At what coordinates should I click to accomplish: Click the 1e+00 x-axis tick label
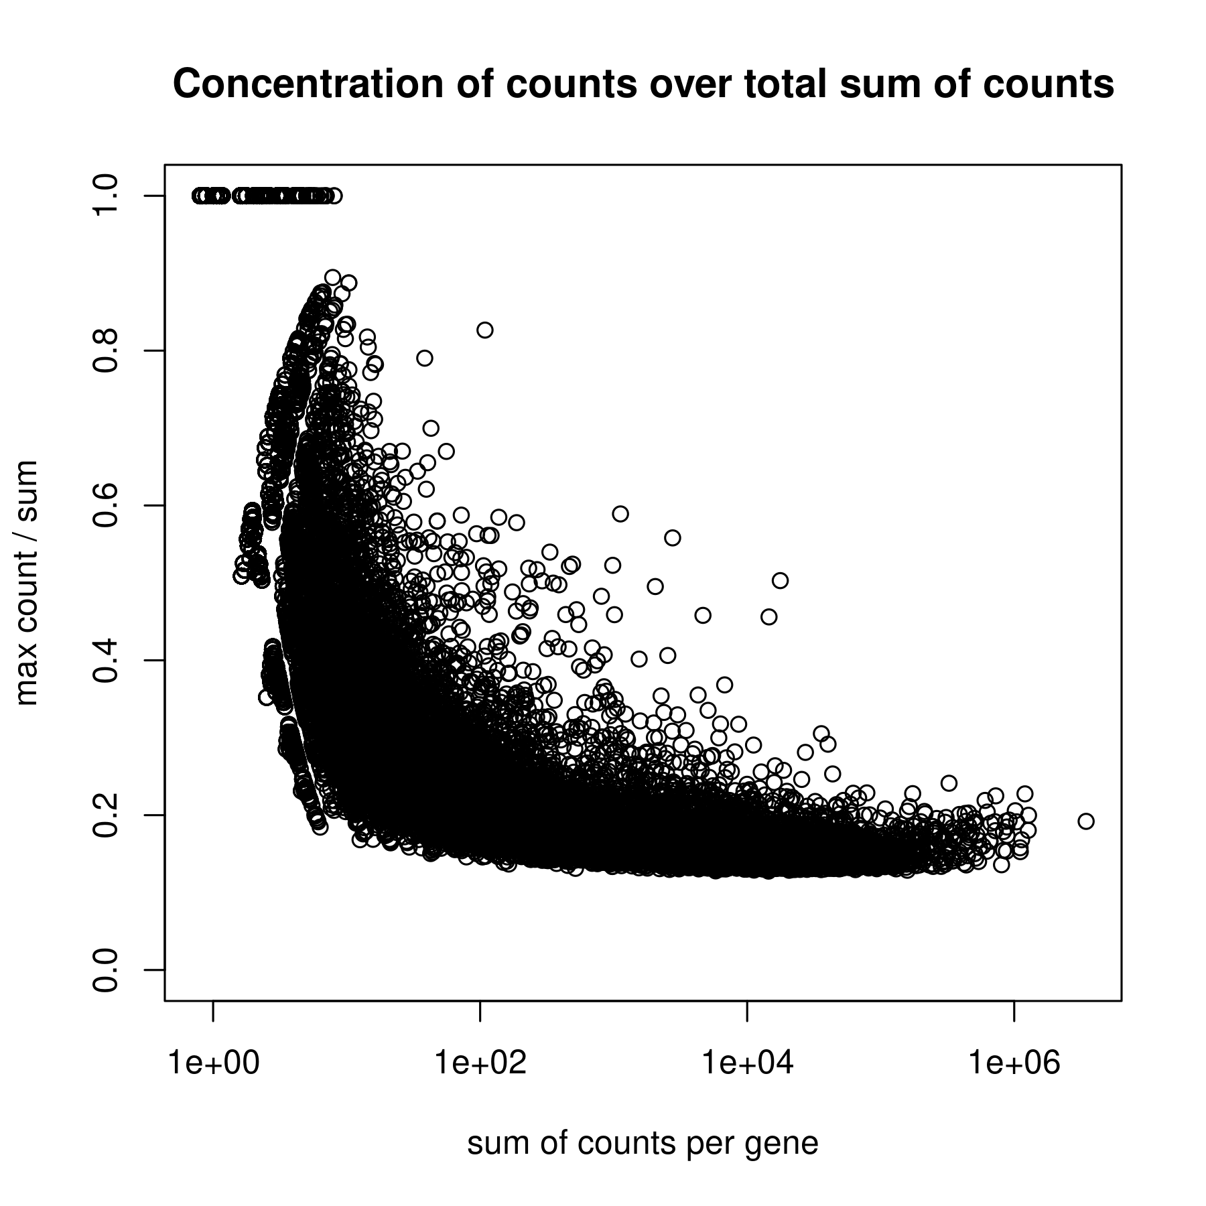[x=213, y=1063]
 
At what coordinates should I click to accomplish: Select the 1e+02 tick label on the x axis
[x=480, y=1063]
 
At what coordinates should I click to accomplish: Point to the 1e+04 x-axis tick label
[x=747, y=1063]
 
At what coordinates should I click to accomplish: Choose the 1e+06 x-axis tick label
[x=1014, y=1063]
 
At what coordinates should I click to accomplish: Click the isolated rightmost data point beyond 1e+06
[x=1086, y=821]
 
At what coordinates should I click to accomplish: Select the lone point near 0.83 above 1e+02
[x=485, y=330]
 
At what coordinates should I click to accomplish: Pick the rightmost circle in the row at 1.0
[x=335, y=196]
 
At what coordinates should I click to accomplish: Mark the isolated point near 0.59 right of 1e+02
[x=620, y=514]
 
